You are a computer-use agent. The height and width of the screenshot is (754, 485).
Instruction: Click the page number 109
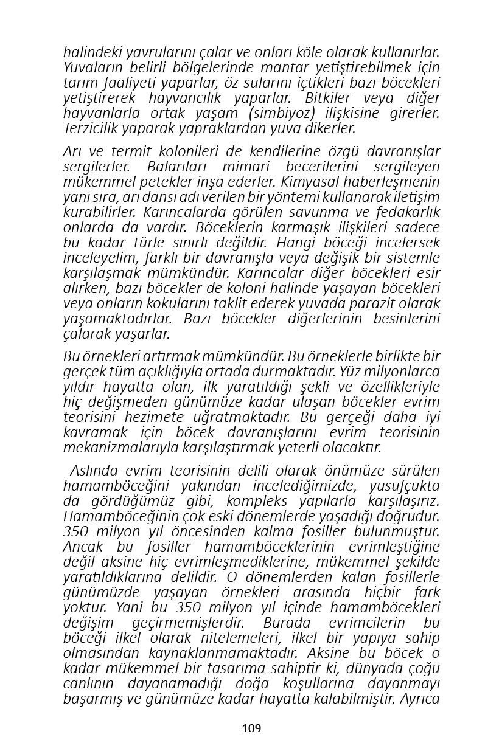[251, 728]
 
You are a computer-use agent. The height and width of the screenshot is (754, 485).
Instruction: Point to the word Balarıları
[176, 167]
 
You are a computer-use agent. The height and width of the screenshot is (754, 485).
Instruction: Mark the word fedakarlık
[408, 212]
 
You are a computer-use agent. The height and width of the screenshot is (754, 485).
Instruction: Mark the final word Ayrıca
[419, 699]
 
